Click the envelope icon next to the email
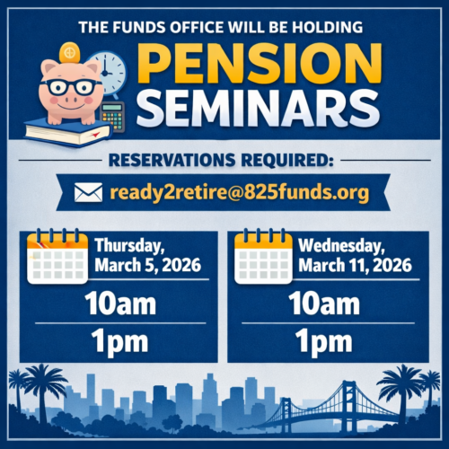(x=87, y=190)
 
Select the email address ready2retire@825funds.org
(x=237, y=190)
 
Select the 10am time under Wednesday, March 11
(x=324, y=303)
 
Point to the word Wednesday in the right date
(x=341, y=244)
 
